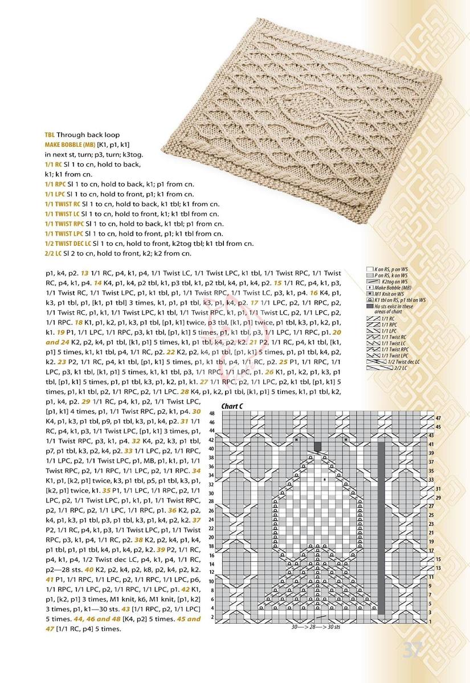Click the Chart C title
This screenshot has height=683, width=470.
[x=233, y=406]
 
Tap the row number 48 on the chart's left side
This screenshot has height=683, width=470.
[x=212, y=413]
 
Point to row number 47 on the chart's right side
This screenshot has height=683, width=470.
[x=438, y=418]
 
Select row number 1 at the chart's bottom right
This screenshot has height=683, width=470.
[x=438, y=622]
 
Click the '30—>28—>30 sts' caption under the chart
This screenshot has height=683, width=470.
[x=315, y=628]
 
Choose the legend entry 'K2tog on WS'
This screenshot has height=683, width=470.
[x=394, y=281]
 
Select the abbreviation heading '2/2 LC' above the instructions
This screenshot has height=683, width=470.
[x=55, y=253]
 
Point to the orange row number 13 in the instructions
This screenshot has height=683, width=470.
[x=84, y=273]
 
